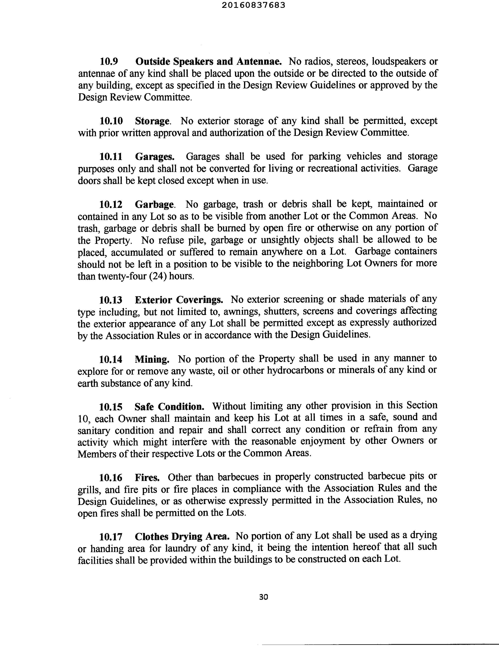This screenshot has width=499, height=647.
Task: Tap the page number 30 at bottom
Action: (x=263, y=597)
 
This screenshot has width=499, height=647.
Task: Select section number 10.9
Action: (x=109, y=62)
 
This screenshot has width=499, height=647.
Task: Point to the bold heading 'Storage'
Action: (x=152, y=121)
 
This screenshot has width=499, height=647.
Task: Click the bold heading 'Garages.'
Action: (x=155, y=156)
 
